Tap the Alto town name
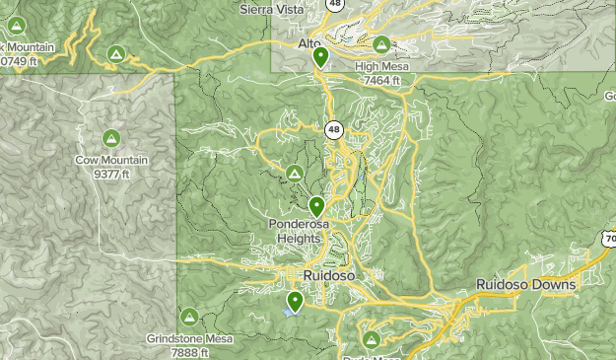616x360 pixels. [310, 44]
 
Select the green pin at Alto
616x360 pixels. [320, 56]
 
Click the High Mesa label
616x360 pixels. [380, 66]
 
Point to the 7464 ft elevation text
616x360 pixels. [382, 80]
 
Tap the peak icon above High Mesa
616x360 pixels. [381, 43]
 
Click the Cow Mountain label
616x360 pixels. [110, 160]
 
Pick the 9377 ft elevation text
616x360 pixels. [110, 174]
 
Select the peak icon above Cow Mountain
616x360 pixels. [110, 138]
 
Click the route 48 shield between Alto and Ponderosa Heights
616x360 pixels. [334, 129]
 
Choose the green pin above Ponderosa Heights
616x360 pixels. [316, 206]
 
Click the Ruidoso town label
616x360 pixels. [329, 274]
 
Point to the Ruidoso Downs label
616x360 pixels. [526, 284]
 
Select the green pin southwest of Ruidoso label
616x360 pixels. [295, 301]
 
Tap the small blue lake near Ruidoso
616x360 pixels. [288, 312]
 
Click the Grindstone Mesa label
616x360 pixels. [190, 338]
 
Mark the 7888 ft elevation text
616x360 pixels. [190, 352]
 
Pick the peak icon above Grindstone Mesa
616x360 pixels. [189, 316]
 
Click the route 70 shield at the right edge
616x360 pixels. [608, 239]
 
